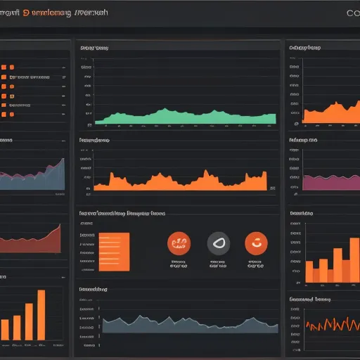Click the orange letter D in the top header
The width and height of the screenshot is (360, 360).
click(25, 12)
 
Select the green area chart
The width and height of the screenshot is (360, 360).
click(183, 117)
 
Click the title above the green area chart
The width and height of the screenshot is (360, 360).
click(94, 49)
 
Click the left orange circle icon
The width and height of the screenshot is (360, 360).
click(178, 243)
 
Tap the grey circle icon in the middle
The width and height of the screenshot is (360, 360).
click(217, 243)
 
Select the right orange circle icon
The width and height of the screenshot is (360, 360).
click(256, 243)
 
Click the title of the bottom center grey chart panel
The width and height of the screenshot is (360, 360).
click(93, 289)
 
